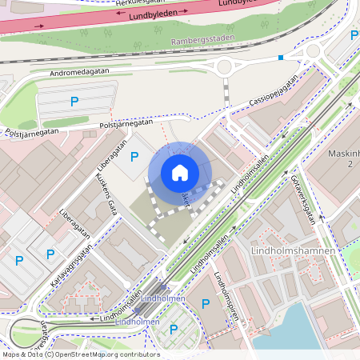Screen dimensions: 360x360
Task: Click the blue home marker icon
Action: coord(179,173)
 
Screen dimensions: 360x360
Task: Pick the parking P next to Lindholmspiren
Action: coord(206,303)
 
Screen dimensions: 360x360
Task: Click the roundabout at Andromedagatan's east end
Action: coord(224,67)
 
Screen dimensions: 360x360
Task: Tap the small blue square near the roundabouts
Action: coord(280,58)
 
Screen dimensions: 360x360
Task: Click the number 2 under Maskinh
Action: coord(350,163)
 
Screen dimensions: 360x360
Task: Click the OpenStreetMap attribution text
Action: coord(80,354)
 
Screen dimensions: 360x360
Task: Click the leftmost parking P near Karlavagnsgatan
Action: coord(18,260)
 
